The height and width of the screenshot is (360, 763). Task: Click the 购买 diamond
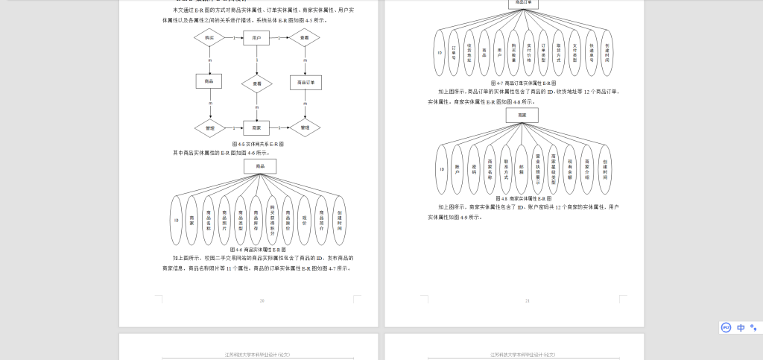[x=210, y=37]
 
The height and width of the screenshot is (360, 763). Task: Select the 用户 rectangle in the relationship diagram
[x=257, y=37]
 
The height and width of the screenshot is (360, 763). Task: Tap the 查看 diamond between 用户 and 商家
[x=257, y=83]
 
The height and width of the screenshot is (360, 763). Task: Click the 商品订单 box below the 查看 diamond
[x=305, y=82]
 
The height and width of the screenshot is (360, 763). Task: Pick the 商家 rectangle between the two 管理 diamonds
[x=257, y=128]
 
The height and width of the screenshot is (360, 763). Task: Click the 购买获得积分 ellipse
[x=273, y=221]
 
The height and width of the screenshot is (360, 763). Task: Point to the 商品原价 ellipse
[x=288, y=221]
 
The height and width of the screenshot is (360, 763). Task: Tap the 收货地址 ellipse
[x=469, y=52]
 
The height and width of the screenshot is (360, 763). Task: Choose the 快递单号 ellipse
[x=591, y=52]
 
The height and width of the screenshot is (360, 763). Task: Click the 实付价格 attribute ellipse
[x=529, y=52]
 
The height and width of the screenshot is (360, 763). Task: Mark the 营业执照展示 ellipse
[x=537, y=169]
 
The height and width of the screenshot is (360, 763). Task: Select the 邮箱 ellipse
[x=522, y=169]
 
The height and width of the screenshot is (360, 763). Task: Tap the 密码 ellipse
[x=474, y=169]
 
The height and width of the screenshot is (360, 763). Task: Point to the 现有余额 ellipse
[x=570, y=169]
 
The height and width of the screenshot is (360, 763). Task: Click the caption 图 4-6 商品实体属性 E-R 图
[x=258, y=250]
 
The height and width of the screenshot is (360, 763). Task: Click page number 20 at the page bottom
[x=262, y=301]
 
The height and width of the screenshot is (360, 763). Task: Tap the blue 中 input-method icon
[x=741, y=327]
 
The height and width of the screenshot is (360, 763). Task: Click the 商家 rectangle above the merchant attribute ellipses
[x=522, y=116]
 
